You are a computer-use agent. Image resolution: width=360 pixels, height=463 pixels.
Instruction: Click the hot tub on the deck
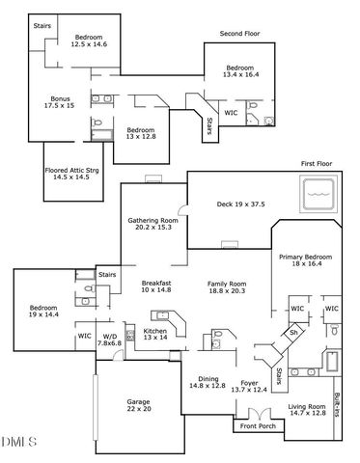pos(318,194)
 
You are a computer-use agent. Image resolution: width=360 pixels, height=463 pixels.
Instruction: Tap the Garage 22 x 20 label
pos(139,405)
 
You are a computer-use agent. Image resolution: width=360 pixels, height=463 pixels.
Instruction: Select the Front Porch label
pos(258,426)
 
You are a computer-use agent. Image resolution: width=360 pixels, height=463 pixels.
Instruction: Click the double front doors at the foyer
pos(260,414)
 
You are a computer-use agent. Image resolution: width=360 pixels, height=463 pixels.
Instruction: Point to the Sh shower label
pos(293,332)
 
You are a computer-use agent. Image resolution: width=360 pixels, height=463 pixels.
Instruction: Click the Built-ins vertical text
pos(337,404)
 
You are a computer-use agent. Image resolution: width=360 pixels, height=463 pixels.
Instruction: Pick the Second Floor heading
pos(239,33)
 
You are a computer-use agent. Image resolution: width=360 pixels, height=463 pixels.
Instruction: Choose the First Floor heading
pos(317,163)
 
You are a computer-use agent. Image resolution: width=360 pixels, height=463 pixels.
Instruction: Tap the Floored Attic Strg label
pos(71,171)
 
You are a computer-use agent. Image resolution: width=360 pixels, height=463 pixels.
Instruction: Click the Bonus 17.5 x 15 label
pos(60,102)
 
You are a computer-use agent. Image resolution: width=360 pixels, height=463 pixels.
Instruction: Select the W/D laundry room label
pos(110,340)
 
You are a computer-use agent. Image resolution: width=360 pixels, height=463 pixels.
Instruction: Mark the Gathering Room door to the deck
pos(183,210)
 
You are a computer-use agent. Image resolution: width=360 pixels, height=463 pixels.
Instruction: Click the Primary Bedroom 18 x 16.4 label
pos(305,260)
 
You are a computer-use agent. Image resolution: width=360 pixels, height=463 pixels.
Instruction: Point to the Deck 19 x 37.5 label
pos(240,204)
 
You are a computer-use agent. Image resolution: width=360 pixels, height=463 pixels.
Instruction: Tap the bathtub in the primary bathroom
pos(332,362)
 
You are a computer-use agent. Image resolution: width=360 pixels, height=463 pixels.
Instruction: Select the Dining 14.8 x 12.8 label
pos(208,382)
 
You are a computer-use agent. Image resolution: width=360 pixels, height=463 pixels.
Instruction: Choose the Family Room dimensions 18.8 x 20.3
pos(227,290)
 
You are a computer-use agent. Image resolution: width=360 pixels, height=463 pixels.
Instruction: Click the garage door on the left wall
pos(96,407)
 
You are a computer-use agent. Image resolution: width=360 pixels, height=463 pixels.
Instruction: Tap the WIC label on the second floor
pos(231,113)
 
